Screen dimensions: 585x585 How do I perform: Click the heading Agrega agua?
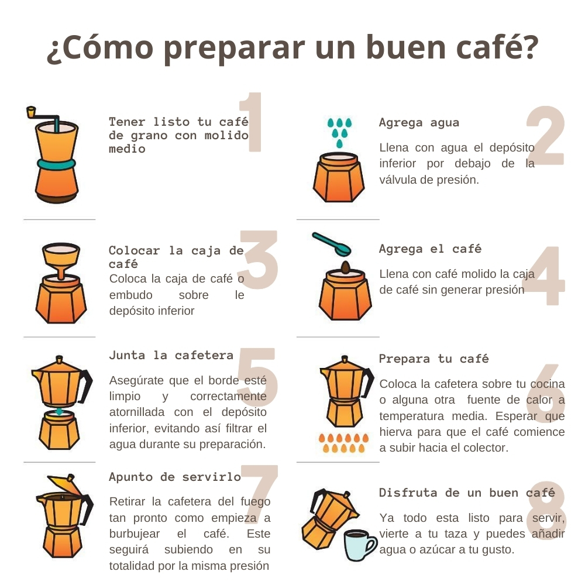419,123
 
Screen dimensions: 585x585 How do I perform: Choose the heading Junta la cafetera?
171,355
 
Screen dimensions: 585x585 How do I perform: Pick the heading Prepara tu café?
433,359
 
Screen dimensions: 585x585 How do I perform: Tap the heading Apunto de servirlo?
175,477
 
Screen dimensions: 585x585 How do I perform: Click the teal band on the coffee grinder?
56,164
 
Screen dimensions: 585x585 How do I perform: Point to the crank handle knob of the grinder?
31,112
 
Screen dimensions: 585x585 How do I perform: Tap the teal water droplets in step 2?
339,132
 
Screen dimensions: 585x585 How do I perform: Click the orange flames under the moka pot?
343,443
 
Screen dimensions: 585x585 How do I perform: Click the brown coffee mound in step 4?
346,267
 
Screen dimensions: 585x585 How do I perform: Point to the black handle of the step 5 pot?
86,386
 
